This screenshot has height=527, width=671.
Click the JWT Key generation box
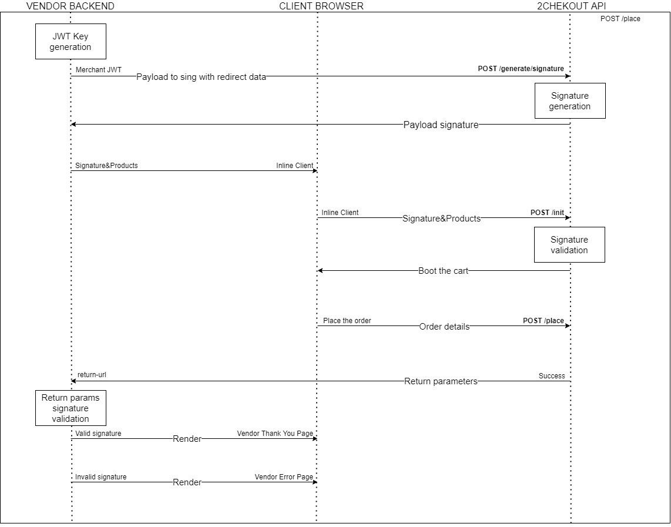[71, 42]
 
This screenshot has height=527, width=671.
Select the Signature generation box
[570, 101]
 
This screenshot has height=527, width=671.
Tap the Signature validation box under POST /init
[569, 244]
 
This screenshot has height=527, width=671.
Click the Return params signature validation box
[71, 408]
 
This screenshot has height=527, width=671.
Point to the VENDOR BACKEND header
[71, 6]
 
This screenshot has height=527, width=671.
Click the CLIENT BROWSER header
[321, 6]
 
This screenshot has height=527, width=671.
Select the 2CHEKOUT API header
[571, 6]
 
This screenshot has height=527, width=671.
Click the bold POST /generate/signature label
[521, 69]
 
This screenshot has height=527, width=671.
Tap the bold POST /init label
[548, 213]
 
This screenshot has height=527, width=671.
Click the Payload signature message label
[441, 125]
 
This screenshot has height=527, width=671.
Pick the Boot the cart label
[444, 271]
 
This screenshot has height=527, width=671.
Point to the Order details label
[444, 327]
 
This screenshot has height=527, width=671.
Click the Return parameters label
[441, 381]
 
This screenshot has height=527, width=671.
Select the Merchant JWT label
[99, 70]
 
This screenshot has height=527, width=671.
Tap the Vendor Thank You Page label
[275, 434]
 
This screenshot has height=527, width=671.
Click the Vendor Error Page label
[284, 477]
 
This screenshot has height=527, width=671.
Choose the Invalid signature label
[101, 477]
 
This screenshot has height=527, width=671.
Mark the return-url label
[92, 375]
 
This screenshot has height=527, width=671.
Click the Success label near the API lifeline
[552, 376]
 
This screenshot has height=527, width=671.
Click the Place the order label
[347, 320]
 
